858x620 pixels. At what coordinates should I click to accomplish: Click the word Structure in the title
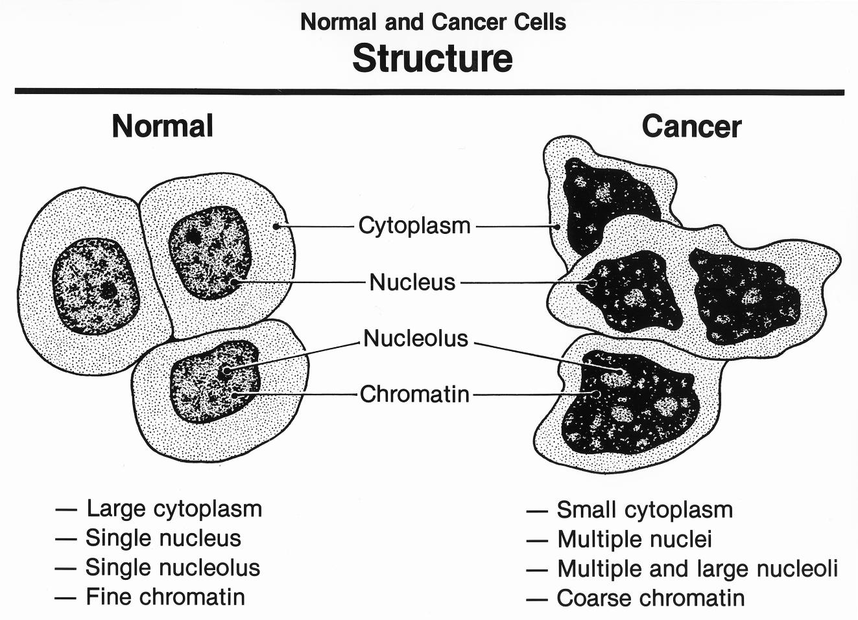(433, 58)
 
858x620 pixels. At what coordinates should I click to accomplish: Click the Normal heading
(162, 126)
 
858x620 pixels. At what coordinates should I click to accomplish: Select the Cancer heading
(691, 126)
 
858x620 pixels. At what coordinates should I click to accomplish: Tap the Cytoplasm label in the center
(414, 226)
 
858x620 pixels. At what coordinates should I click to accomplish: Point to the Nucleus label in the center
(412, 282)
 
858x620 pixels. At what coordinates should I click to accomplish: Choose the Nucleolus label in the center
(415, 338)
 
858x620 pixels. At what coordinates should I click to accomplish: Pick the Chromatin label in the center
(414, 394)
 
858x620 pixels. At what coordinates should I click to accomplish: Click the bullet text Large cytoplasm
(174, 509)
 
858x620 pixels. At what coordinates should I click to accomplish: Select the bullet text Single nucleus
(163, 538)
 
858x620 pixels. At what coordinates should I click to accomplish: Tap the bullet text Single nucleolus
(173, 568)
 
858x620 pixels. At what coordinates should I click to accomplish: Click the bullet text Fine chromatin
(165, 597)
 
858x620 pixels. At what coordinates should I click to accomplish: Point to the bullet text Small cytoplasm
(645, 510)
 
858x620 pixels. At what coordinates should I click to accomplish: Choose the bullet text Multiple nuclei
(634, 539)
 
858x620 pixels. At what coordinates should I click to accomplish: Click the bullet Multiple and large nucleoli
(697, 569)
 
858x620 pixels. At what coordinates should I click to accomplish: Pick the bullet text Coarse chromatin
(650, 598)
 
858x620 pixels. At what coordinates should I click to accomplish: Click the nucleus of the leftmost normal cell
(95, 286)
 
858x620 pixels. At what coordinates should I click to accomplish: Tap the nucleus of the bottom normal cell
(214, 382)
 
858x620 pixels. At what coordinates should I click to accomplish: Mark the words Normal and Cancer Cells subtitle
(433, 22)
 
